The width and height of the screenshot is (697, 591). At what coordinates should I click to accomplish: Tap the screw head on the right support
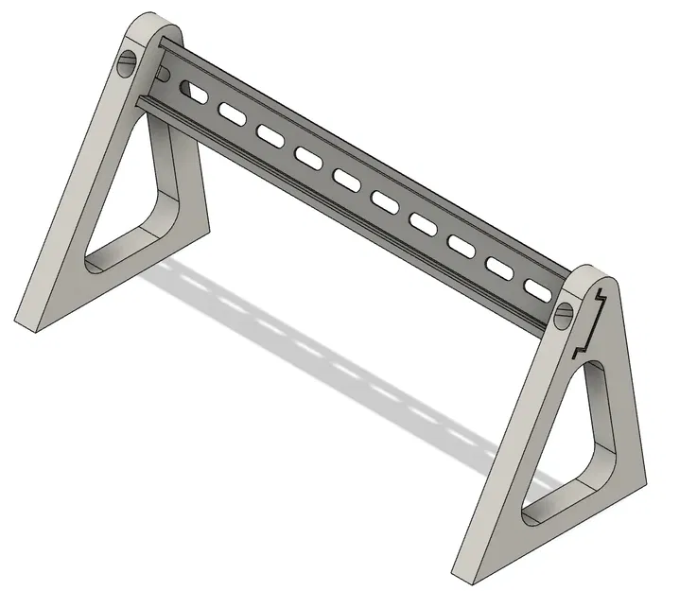pyautogui.click(x=565, y=313)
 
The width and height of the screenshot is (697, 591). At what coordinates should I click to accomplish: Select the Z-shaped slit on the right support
pyautogui.click(x=589, y=321)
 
